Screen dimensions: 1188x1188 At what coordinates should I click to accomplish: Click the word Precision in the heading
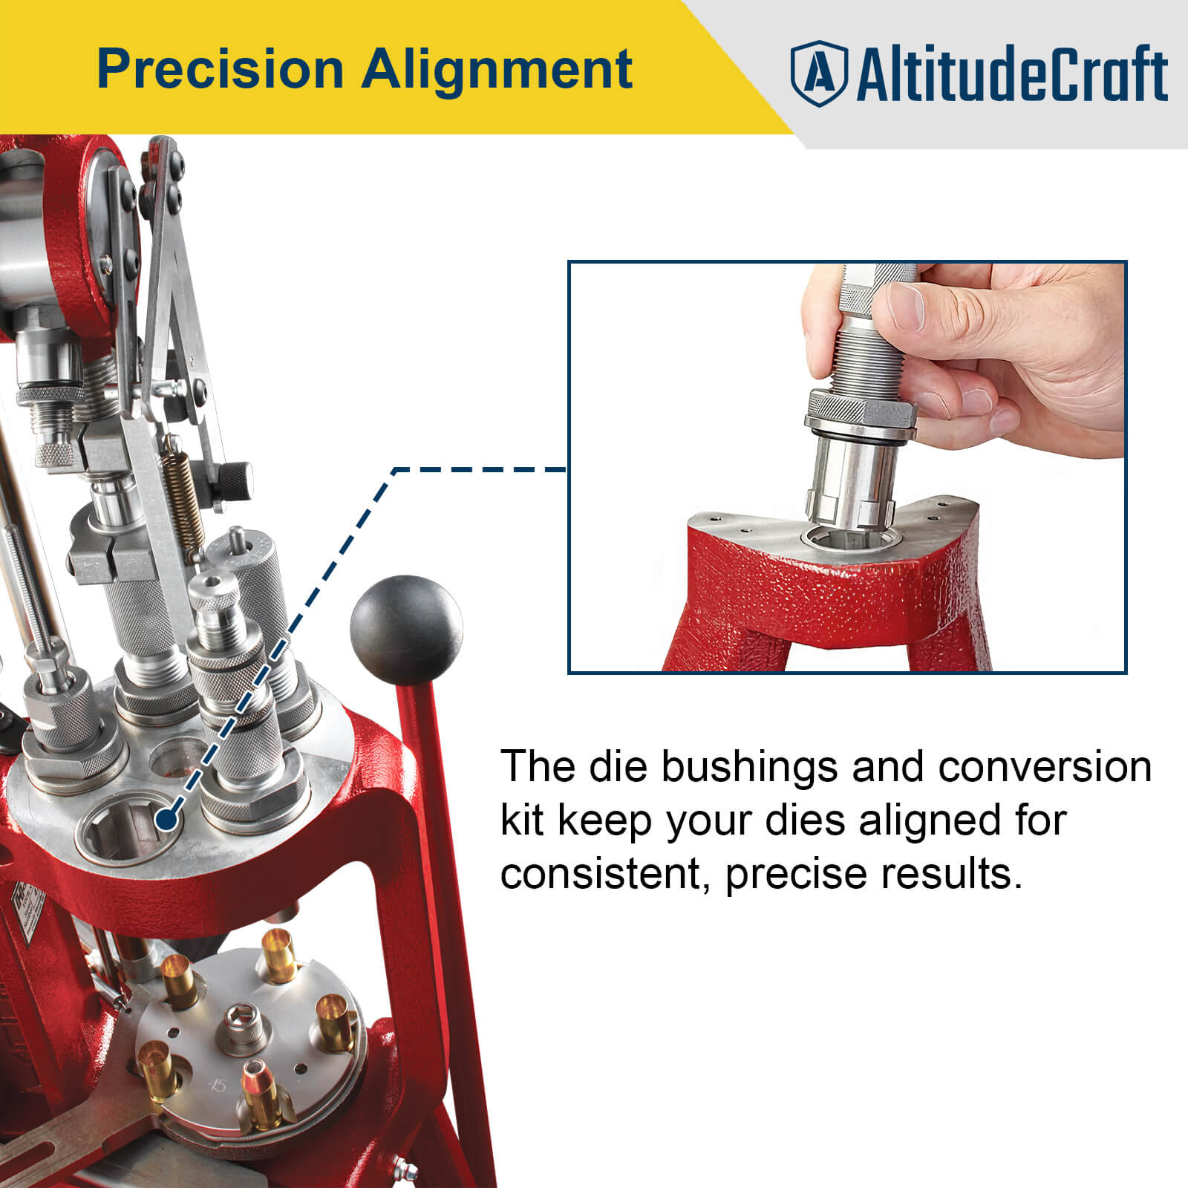point(220,69)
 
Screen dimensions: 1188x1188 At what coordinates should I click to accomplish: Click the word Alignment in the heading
point(497,69)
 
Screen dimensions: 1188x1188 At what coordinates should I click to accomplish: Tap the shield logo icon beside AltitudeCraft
point(817,74)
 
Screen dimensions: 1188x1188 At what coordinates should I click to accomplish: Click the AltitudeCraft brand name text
point(1011,74)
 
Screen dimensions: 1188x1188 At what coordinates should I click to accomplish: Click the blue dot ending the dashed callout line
point(168,820)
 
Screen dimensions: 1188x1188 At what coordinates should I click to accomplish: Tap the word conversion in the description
point(1044,766)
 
